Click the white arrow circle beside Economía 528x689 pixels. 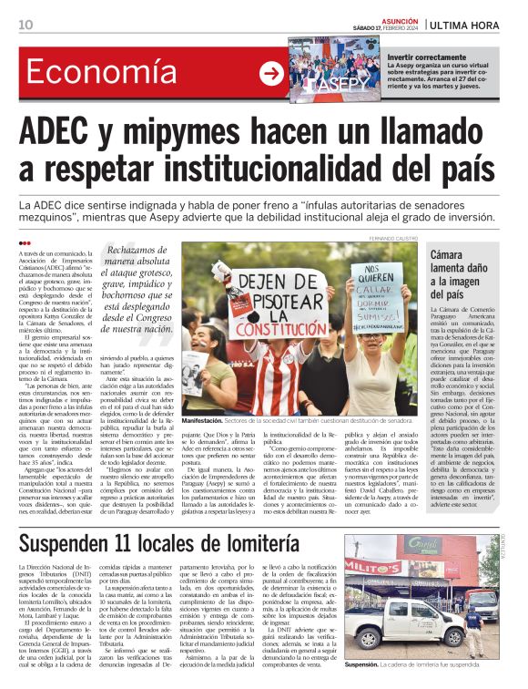[x=272, y=75]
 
